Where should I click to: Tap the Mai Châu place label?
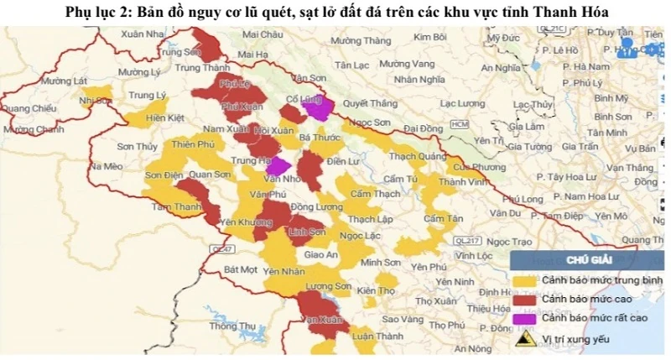[x=261, y=35]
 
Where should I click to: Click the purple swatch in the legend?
[x=525, y=318]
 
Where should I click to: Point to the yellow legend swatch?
[x=525, y=279]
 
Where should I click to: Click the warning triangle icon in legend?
[x=526, y=339]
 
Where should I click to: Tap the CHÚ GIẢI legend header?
[x=586, y=259]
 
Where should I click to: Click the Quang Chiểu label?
[x=29, y=108]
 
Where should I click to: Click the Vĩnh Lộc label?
[x=476, y=255]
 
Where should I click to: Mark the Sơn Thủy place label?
[x=137, y=147]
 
